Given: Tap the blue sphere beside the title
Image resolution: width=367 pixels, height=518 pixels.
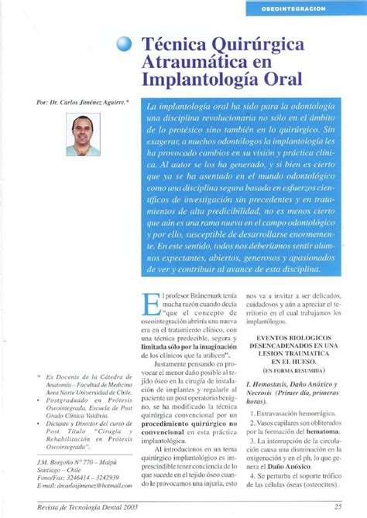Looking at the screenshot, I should [126, 46].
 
